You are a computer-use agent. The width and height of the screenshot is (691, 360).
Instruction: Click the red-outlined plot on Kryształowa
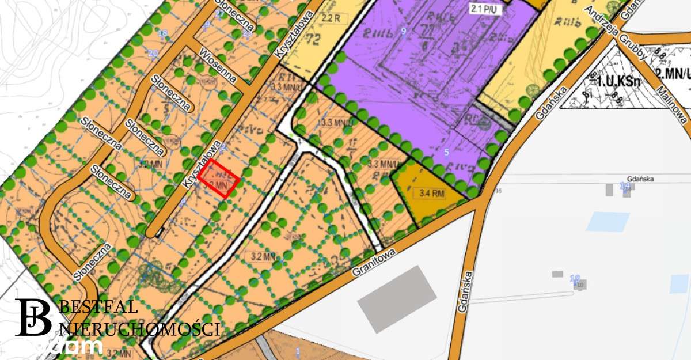(x=219, y=179)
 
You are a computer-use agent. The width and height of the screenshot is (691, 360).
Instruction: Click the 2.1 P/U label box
(x=484, y=10)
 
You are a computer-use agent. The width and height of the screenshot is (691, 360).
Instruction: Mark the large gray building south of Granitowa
(x=397, y=299)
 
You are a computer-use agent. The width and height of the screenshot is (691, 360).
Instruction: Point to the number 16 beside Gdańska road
(x=499, y=191)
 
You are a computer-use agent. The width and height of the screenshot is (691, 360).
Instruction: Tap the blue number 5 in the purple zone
(x=446, y=153)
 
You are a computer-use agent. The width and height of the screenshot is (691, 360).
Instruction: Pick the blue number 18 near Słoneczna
(x=162, y=33)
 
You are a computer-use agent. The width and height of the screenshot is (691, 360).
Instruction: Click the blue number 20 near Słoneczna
(x=153, y=54)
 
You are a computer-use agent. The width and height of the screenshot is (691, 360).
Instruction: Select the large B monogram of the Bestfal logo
(x=35, y=317)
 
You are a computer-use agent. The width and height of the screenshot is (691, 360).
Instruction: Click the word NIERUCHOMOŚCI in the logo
(x=140, y=329)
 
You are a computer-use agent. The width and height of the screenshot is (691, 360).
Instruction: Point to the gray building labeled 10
(x=580, y=285)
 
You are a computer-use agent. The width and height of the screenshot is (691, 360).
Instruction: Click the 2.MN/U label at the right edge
(x=673, y=73)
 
